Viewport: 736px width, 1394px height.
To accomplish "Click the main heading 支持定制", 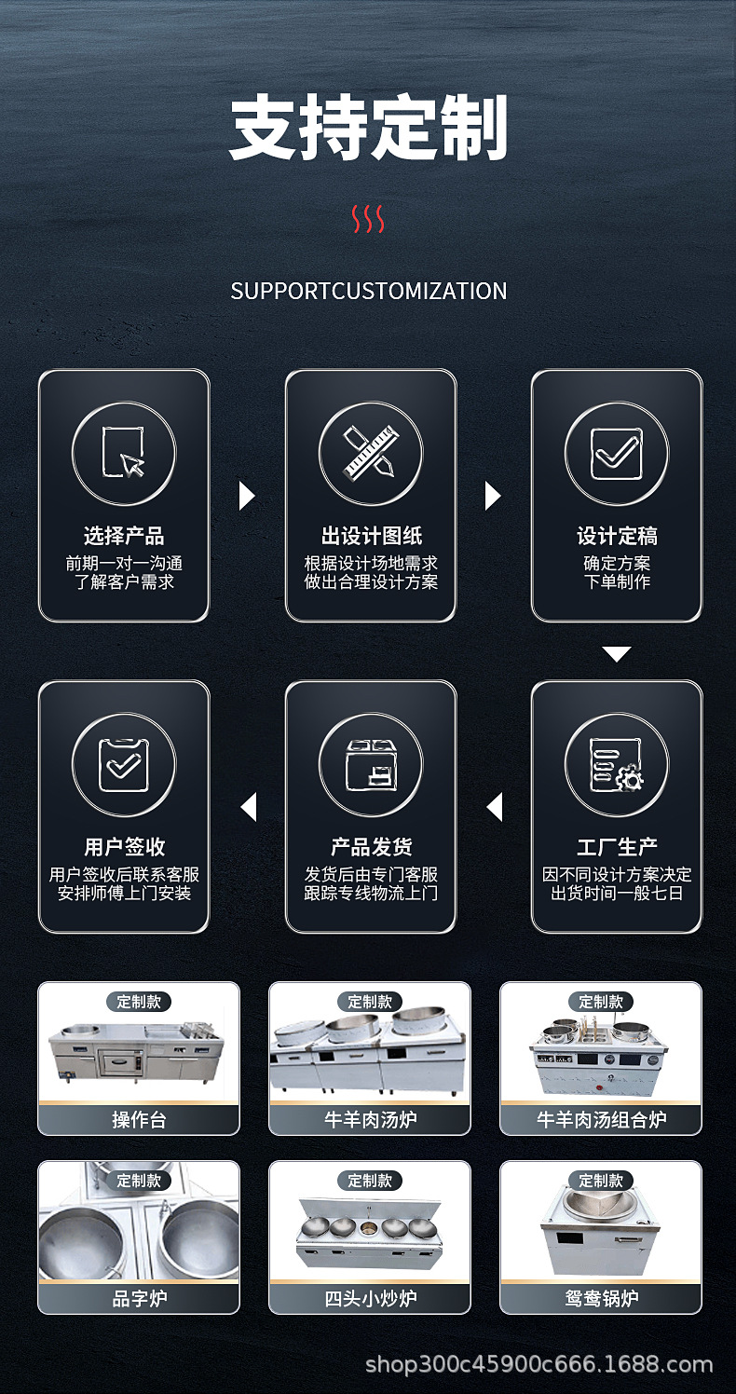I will (368, 129).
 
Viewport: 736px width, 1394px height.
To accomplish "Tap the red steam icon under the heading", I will (368, 219).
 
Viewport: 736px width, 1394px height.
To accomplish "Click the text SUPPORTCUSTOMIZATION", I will (368, 291).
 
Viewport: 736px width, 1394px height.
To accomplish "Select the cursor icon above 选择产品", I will (124, 454).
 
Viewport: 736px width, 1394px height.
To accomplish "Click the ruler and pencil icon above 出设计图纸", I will (370, 454).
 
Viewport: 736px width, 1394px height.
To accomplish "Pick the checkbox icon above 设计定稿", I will (616, 454).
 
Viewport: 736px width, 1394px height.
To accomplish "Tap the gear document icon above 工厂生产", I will (616, 765).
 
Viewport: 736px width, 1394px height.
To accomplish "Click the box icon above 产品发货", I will (370, 765).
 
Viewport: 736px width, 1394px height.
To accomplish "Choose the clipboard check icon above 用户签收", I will (124, 765).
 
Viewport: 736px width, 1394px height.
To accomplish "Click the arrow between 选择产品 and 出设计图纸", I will (246, 496).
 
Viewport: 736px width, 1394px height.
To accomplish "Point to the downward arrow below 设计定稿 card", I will (616, 654).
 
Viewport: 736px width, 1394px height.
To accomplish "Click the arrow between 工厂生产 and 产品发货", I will (495, 807).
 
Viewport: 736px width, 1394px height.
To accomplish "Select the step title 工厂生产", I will (616, 847).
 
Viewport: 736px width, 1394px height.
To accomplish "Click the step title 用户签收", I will (124, 847).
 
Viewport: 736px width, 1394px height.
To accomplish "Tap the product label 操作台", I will (139, 1119).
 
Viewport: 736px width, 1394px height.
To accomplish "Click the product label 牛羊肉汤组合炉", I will (601, 1119).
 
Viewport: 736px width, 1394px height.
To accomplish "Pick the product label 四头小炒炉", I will (370, 1298).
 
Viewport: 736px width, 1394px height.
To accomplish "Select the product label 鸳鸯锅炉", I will (601, 1298).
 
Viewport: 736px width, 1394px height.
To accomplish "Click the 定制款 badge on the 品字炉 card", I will (139, 1181).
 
